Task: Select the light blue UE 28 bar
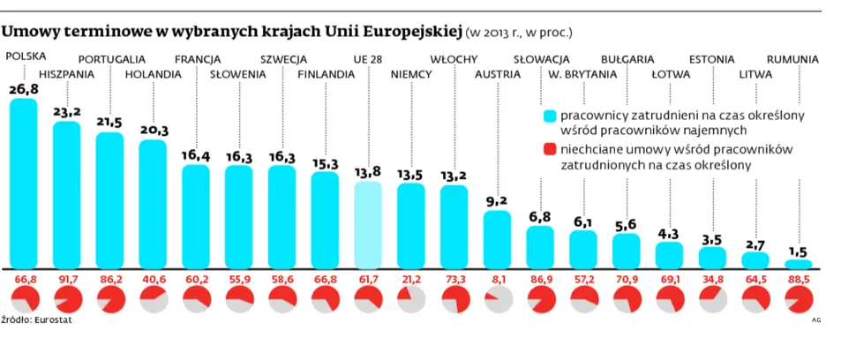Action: (368, 224)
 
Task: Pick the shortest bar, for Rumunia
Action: (799, 263)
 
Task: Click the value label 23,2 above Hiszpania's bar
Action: (67, 113)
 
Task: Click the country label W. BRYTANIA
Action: (582, 74)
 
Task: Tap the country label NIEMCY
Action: (410, 74)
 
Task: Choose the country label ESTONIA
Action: (711, 59)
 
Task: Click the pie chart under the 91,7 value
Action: (67, 299)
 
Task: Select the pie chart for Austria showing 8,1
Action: (497, 299)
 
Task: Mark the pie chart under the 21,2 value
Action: (410, 299)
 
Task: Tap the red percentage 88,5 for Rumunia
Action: (799, 280)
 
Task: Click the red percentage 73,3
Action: (454, 280)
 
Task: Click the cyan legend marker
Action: (550, 116)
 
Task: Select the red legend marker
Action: (550, 149)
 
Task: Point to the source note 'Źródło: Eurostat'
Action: (36, 320)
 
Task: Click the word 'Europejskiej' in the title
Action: (412, 32)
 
